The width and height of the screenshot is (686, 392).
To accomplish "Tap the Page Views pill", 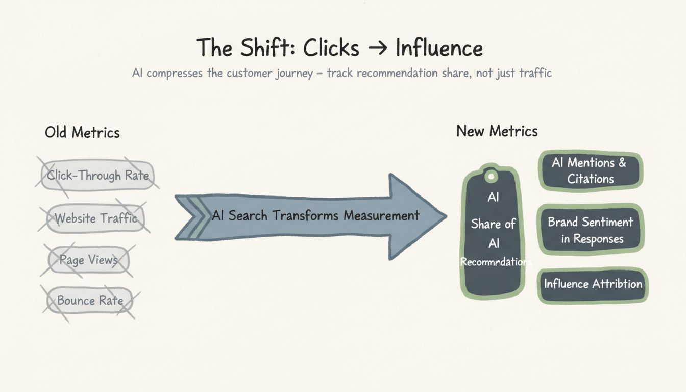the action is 88,260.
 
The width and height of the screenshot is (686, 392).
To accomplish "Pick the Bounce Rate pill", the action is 90,301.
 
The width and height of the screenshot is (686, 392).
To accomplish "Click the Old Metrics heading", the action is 82,133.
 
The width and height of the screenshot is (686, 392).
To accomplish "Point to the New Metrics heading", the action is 497,131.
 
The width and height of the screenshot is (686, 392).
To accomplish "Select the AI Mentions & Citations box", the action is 590,171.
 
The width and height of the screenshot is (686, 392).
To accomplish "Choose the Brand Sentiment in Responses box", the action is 591,230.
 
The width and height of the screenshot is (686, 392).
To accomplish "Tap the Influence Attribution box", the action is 593,284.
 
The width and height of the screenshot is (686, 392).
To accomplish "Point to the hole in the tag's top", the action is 491,177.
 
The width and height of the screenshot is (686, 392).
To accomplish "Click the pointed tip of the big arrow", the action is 444,216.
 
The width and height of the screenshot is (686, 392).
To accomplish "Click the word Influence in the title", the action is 439,48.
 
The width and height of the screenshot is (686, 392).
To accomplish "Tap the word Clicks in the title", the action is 331,48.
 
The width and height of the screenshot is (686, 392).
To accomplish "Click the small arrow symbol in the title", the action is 377,48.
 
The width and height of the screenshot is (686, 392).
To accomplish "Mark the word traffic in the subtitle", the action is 535,73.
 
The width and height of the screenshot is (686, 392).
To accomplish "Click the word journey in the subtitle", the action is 295,73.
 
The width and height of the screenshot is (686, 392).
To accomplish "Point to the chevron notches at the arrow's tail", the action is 187,217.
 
